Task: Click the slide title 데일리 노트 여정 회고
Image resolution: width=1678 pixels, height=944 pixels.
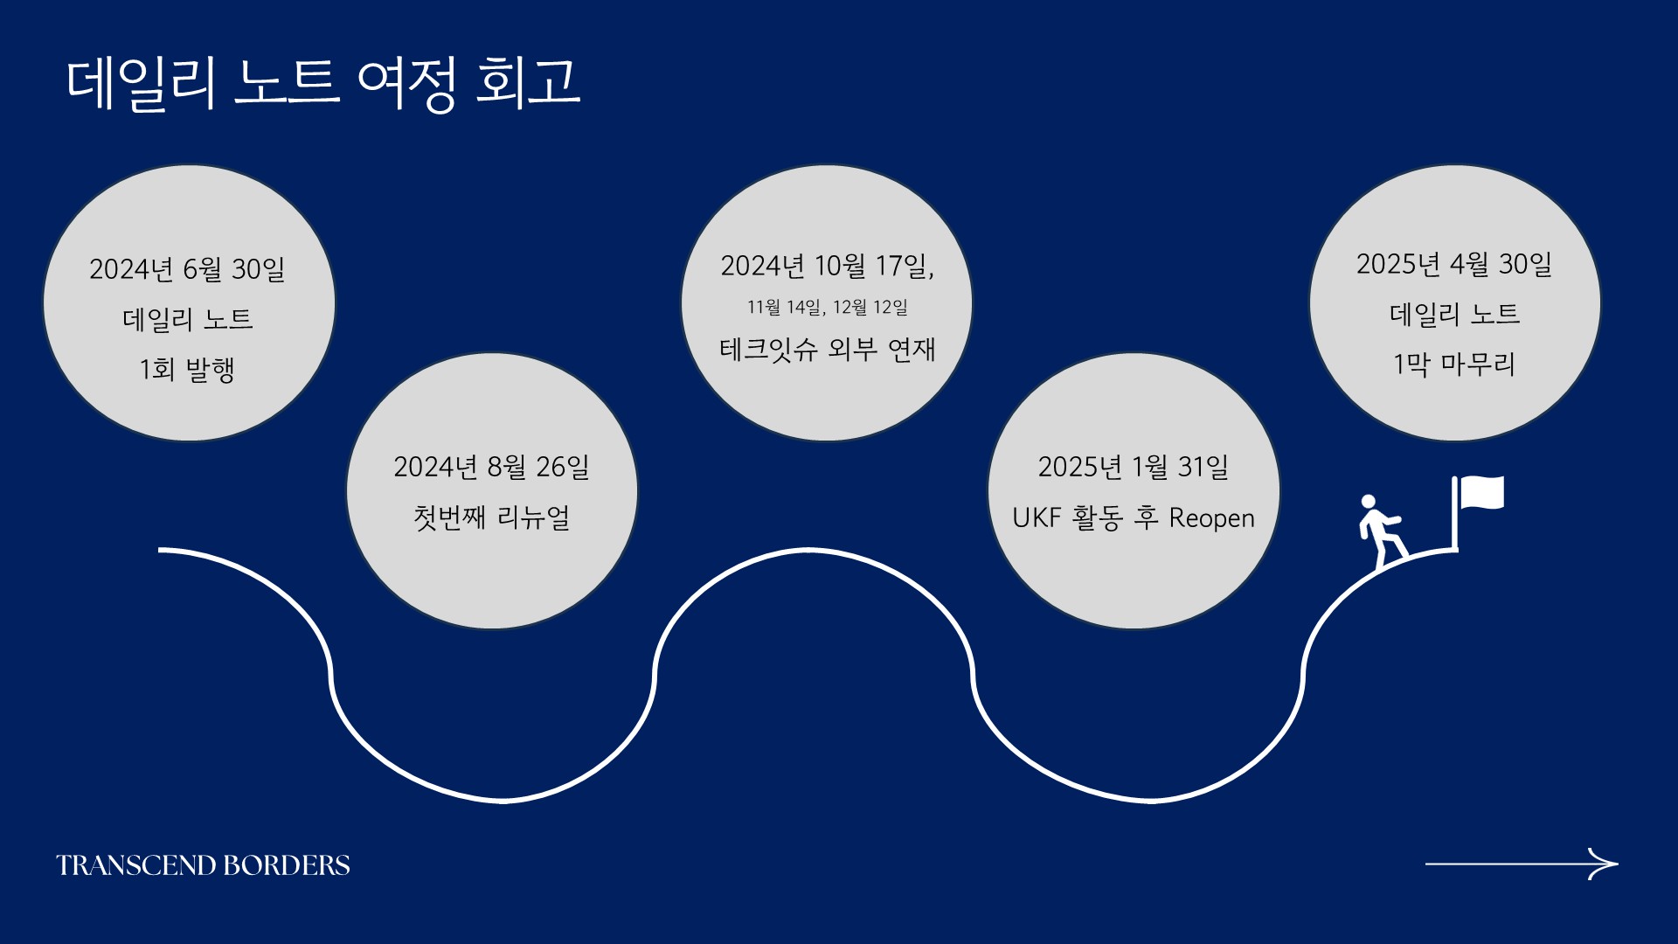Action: pos(322,84)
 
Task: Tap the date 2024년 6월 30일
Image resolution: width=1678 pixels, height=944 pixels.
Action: pos(187,269)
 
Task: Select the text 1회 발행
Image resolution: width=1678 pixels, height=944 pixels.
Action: pos(187,369)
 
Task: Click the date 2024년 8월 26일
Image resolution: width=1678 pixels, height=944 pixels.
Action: pos(491,467)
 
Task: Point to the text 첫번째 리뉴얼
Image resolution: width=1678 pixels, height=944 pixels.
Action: pos(491,517)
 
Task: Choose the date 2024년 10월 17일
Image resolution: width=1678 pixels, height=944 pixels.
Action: pos(827,266)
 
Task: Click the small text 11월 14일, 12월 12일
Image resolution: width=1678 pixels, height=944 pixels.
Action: pos(827,307)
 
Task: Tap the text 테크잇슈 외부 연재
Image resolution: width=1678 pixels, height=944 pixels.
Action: pos(827,350)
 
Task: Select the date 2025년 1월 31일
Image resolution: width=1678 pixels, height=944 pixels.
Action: pos(1133,467)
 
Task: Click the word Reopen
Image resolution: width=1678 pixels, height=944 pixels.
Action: pos(1211,518)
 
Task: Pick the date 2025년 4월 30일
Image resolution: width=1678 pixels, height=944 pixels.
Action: pos(1454,264)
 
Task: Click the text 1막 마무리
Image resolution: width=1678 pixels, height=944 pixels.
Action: pos(1454,364)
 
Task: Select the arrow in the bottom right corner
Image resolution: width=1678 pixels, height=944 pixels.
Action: pos(1522,864)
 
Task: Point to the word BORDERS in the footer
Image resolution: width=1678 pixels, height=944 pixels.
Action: pos(287,865)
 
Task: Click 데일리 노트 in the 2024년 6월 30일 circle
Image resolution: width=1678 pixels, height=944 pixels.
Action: pos(187,319)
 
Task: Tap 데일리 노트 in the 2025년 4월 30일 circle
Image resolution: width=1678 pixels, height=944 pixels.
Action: pos(1454,314)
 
